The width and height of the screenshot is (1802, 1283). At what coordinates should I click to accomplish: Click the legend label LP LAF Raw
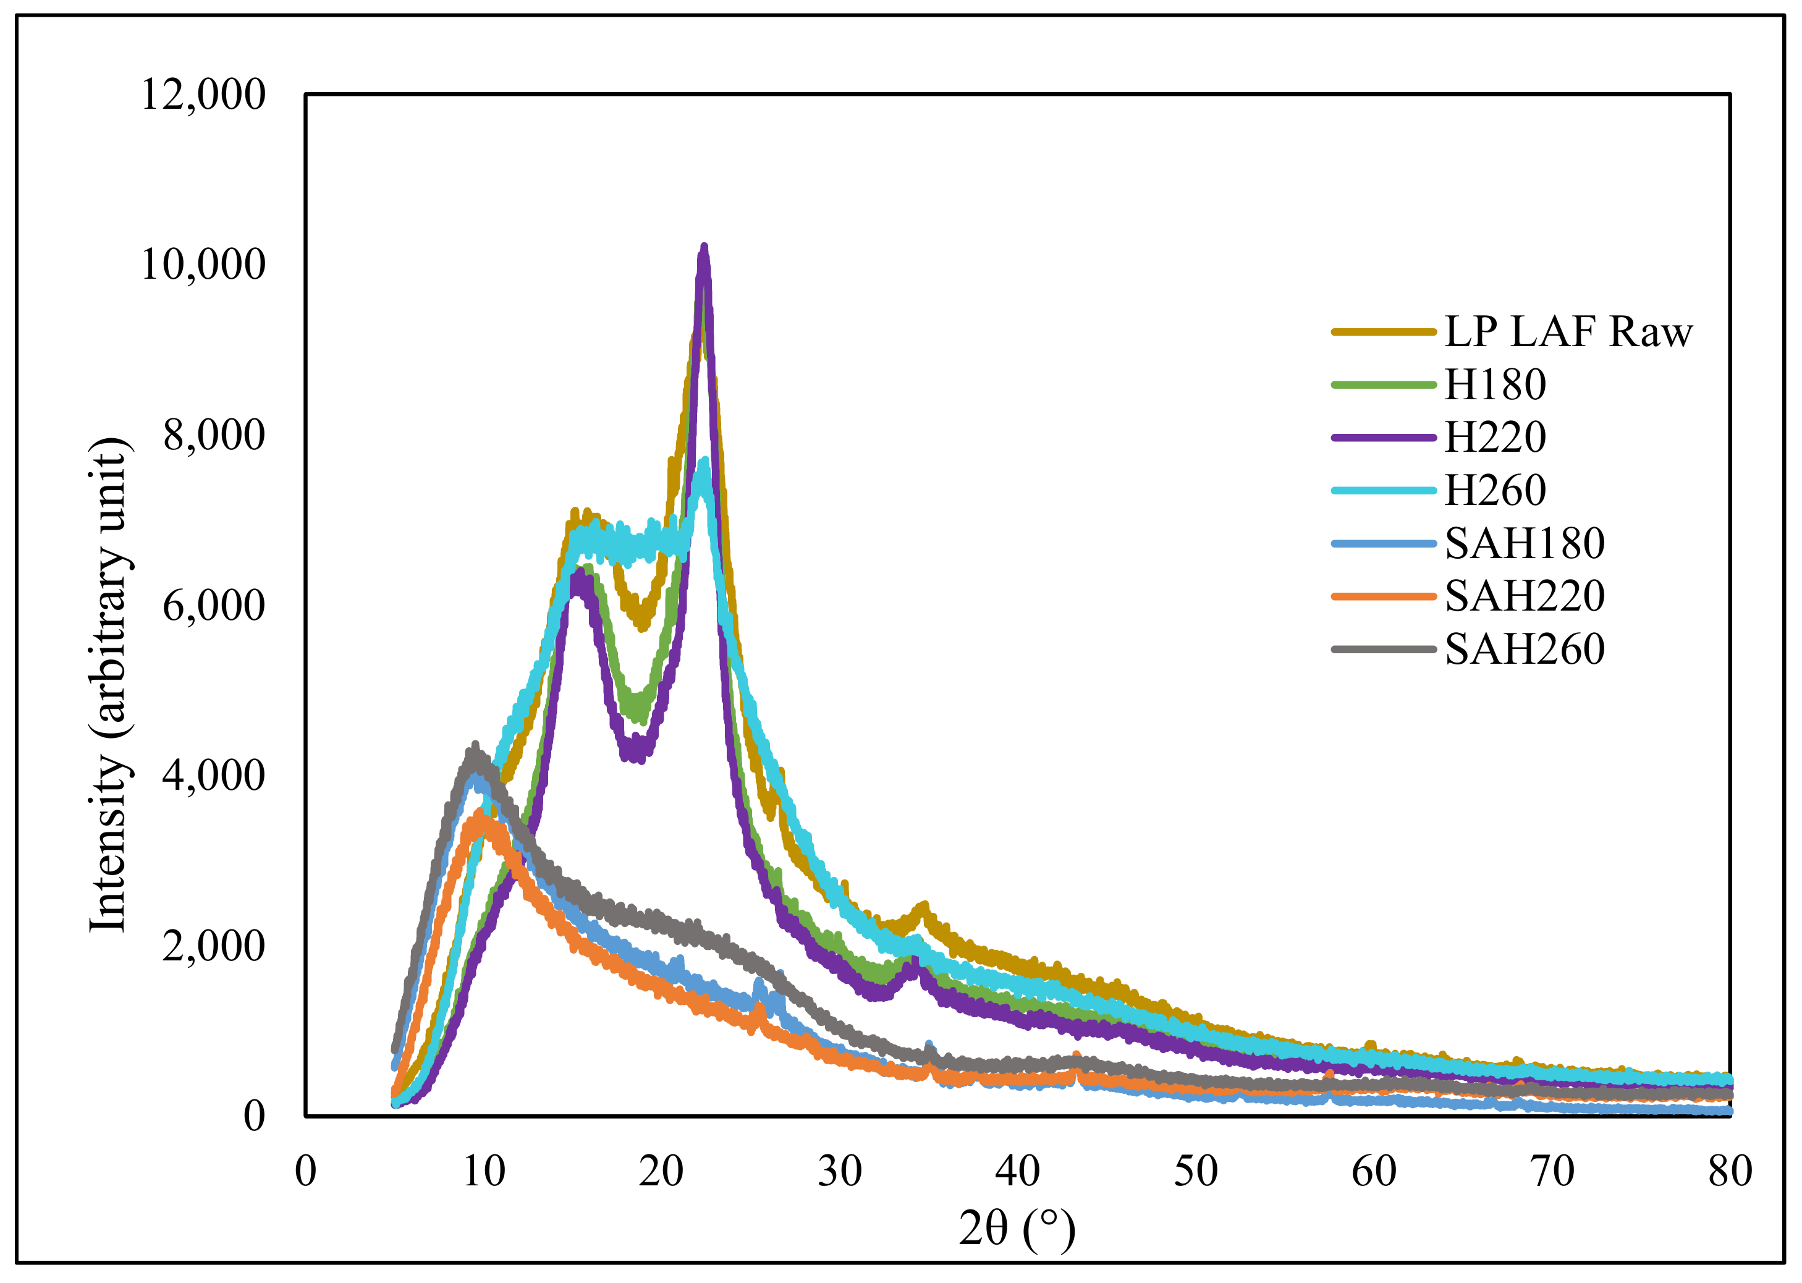click(1568, 332)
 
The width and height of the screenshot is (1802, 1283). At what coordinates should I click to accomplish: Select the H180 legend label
click(1495, 385)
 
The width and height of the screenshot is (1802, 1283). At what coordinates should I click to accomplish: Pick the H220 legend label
click(1495, 437)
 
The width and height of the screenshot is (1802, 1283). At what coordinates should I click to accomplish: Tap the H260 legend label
click(1495, 490)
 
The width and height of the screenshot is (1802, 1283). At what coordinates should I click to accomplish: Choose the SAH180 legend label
click(1525, 543)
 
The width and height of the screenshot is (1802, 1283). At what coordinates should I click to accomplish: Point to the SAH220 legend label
click(1525, 596)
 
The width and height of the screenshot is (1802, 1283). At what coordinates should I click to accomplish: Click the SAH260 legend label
click(1525, 650)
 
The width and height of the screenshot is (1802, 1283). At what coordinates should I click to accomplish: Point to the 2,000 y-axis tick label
click(213, 946)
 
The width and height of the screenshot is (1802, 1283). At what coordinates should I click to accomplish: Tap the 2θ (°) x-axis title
click(1018, 1229)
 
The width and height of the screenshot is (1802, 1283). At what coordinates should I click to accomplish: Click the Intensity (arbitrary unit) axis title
click(108, 684)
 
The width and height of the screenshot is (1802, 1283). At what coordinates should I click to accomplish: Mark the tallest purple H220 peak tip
click(704, 248)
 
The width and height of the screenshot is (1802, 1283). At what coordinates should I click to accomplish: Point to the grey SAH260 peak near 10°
click(475, 747)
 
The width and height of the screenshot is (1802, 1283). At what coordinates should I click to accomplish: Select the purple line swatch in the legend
click(1383, 437)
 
